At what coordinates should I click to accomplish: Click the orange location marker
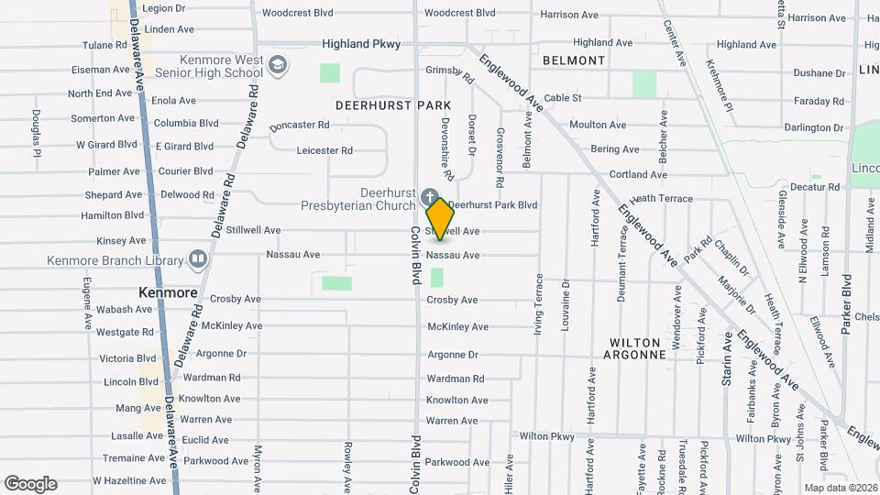[440, 219]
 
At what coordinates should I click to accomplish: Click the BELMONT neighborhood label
[574, 60]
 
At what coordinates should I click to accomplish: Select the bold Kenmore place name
[168, 293]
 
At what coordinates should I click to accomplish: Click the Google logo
[30, 484]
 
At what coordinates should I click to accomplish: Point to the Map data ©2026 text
[840, 488]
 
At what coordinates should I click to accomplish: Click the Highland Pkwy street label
[361, 44]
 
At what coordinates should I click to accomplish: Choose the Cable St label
[563, 97]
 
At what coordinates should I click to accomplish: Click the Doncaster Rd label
[299, 125]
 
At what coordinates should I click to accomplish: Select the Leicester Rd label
[324, 150]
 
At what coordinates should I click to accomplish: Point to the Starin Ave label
[728, 358]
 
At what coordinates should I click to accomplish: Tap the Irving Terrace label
[538, 303]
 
